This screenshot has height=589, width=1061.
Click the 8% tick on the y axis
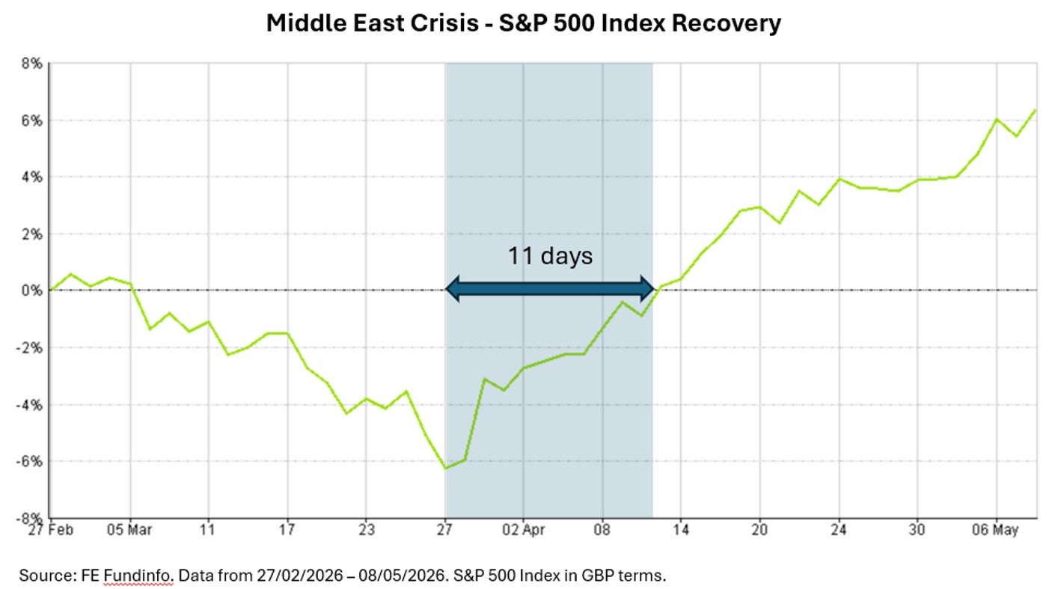(x=31, y=64)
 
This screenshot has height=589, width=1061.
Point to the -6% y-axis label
(x=28, y=462)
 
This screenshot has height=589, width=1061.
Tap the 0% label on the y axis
(x=31, y=290)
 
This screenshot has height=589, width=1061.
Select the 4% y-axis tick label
(x=31, y=177)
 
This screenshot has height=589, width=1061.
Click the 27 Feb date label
(x=50, y=530)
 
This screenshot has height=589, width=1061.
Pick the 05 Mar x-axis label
(x=129, y=530)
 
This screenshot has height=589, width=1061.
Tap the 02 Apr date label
(x=524, y=530)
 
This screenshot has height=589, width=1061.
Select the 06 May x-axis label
(x=995, y=530)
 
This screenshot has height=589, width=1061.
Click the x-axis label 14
(x=681, y=530)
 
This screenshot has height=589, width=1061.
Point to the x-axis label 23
(x=366, y=530)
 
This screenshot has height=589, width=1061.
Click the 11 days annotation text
(x=550, y=257)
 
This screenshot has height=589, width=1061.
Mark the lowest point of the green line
(x=445, y=469)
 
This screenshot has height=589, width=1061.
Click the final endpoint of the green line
(x=1036, y=111)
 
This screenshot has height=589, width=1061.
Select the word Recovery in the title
(x=726, y=23)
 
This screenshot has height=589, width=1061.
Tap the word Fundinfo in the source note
(x=138, y=576)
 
